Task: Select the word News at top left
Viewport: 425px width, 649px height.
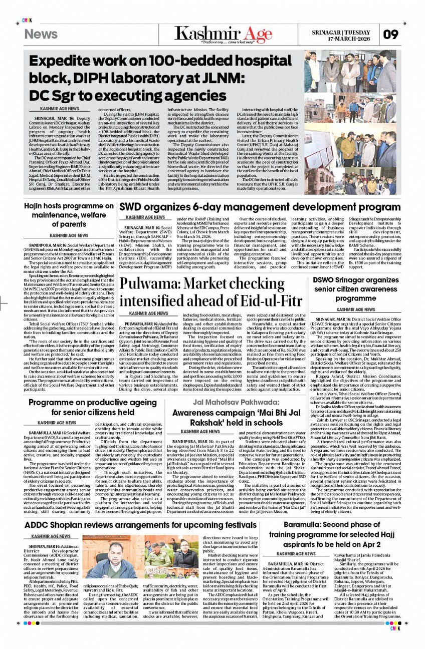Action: [41, 34]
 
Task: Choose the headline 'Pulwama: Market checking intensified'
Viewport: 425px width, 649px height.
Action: [210, 291]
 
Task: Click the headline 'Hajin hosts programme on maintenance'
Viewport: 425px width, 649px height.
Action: [69, 215]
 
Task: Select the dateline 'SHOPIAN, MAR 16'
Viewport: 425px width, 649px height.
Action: [45, 546]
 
